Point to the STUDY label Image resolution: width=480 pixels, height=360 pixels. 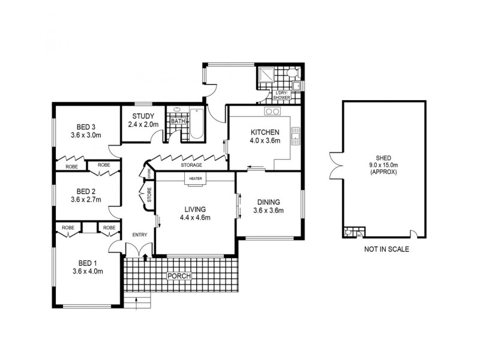coord(143,116)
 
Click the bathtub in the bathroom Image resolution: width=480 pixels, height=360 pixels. coord(196,123)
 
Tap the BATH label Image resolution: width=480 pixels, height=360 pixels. coord(178,121)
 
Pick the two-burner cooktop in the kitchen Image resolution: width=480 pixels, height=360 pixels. coord(272,111)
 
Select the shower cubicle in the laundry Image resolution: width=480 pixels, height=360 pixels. coord(265,77)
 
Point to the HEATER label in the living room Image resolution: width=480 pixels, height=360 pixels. coord(196,179)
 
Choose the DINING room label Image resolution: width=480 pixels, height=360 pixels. coord(268,202)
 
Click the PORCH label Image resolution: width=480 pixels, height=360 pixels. coord(179,276)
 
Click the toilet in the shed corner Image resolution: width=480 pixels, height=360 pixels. coord(349,232)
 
